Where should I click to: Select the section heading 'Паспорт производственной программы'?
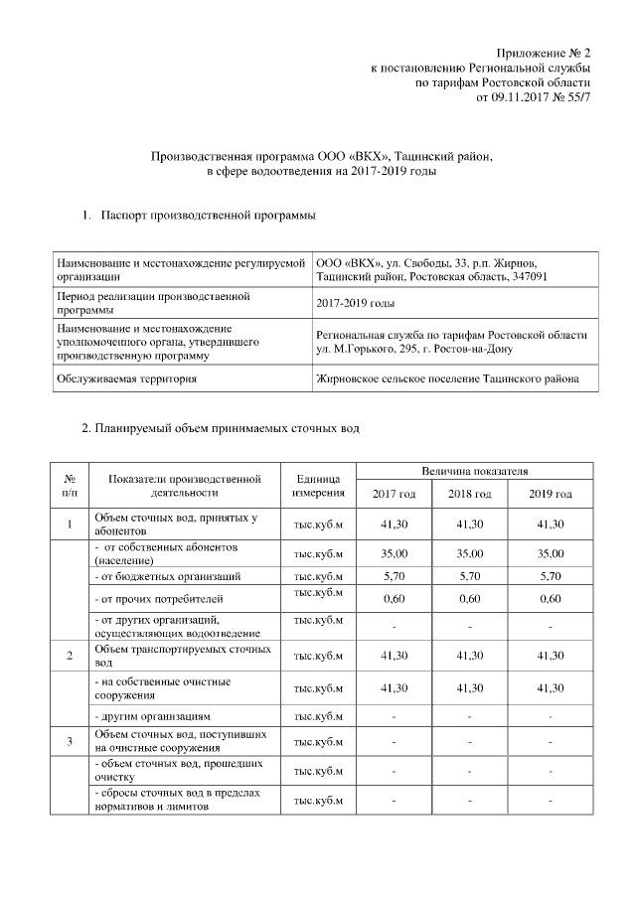(x=206, y=216)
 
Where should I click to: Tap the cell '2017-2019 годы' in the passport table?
(x=355, y=303)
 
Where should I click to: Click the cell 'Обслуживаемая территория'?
(x=140, y=378)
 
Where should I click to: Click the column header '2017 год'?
(x=394, y=494)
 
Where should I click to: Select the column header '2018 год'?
(x=469, y=494)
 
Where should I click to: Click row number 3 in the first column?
(x=69, y=741)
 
